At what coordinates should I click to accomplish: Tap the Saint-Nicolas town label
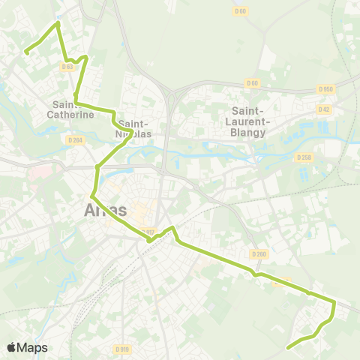click(x=135, y=129)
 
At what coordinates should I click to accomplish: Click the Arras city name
click(x=102, y=211)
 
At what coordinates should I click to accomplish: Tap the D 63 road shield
click(x=67, y=66)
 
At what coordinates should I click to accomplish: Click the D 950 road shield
click(x=325, y=89)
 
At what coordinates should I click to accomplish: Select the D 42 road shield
click(x=323, y=109)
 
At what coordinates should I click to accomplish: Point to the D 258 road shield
click(x=304, y=157)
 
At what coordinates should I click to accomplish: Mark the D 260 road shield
click(x=259, y=254)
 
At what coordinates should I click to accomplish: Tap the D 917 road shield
click(x=148, y=232)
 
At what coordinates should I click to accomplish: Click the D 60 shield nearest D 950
click(x=251, y=82)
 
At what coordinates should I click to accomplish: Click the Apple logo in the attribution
click(x=12, y=347)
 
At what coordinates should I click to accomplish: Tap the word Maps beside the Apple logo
click(x=33, y=347)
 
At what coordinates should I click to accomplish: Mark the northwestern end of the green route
click(x=26, y=52)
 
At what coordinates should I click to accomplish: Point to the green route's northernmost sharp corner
click(x=58, y=23)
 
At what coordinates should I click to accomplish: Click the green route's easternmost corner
click(x=334, y=302)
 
